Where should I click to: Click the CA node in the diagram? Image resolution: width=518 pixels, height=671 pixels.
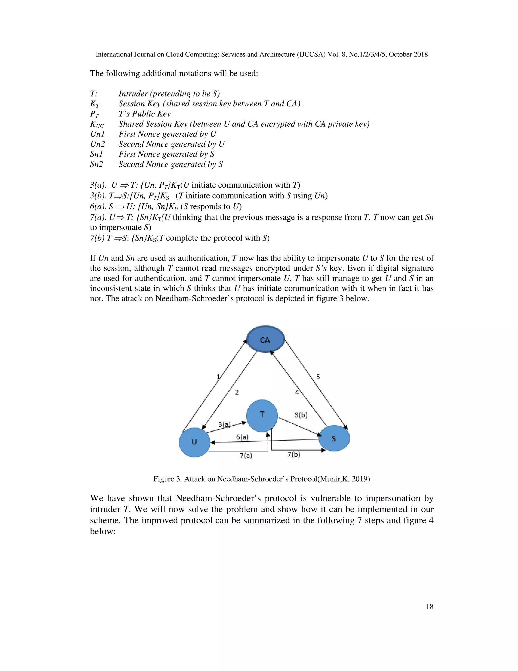(x=265, y=339)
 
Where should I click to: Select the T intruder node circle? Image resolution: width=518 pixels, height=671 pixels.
(x=262, y=415)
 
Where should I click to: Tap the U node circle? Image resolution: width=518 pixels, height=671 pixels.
(x=194, y=442)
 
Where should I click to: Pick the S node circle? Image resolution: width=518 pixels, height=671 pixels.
(x=334, y=438)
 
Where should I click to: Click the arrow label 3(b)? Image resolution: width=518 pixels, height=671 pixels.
(x=301, y=415)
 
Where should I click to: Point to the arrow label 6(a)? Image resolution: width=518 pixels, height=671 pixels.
(x=242, y=437)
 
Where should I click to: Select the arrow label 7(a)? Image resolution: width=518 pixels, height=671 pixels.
(x=246, y=455)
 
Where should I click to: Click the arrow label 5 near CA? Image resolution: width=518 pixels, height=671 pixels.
(x=318, y=377)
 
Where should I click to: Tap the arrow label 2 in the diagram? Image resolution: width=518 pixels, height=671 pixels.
(x=236, y=392)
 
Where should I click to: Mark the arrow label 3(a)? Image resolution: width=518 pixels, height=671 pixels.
(x=224, y=425)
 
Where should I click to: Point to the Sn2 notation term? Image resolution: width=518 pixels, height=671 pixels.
(x=96, y=164)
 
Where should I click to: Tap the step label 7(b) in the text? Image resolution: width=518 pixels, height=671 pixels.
(x=97, y=238)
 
